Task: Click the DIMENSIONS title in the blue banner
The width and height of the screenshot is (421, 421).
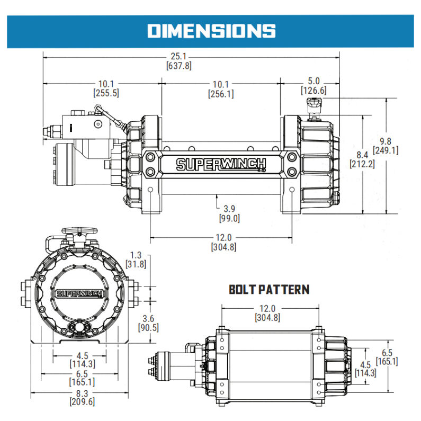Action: point(211,30)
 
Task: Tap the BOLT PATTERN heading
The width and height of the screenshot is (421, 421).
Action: point(269,290)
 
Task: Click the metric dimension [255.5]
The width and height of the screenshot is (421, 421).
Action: point(106,92)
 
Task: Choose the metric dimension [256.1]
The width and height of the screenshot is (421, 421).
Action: point(221,94)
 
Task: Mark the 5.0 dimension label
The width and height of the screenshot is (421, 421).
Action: point(313,82)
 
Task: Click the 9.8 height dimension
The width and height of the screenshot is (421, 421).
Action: point(386,141)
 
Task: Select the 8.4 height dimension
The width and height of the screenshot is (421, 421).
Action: point(362,155)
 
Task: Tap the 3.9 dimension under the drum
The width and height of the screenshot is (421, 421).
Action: point(229,209)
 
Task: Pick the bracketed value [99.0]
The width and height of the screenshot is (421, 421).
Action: point(229,218)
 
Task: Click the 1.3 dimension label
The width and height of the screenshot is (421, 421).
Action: point(136,255)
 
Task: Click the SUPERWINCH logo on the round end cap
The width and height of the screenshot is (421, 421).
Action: point(74,293)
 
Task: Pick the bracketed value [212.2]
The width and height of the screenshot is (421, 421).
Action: point(362,164)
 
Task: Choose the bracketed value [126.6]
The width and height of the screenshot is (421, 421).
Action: point(313,91)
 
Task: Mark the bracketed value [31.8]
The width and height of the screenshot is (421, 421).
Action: point(136,264)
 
